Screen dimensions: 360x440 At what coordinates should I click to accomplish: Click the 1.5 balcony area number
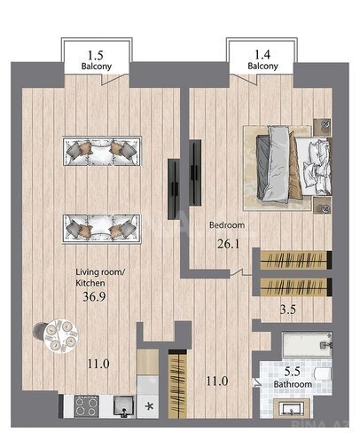pyautogui.click(x=96, y=55)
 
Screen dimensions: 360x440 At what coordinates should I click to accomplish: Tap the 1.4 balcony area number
pyautogui.click(x=262, y=55)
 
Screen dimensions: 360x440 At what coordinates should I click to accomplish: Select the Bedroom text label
pyautogui.click(x=227, y=225)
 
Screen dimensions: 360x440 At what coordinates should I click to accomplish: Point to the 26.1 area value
pyautogui.click(x=228, y=244)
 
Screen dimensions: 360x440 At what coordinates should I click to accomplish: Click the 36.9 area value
pyautogui.click(x=94, y=296)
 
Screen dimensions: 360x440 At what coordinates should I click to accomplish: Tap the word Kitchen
pyautogui.click(x=90, y=283)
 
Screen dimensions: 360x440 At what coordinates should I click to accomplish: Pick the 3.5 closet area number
pyautogui.click(x=288, y=310)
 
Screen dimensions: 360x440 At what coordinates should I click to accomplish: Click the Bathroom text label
pyautogui.click(x=293, y=384)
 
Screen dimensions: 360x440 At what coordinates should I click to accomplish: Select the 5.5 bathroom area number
pyautogui.click(x=292, y=372)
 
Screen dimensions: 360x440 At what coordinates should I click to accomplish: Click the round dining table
pyautogui.click(x=61, y=336)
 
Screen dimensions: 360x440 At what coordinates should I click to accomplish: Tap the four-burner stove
pyautogui.click(x=86, y=406)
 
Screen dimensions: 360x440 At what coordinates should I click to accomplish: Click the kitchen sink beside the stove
pyautogui.click(x=124, y=406)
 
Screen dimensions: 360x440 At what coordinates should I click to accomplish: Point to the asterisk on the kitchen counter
pyautogui.click(x=150, y=406)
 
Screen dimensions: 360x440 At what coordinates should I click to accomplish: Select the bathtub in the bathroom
pyautogui.click(x=308, y=344)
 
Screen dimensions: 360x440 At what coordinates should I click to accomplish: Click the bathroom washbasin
pyautogui.click(x=292, y=408)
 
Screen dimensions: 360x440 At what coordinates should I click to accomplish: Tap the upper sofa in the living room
pyautogui.click(x=102, y=151)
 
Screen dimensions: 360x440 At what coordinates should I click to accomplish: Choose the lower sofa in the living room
pyautogui.click(x=101, y=229)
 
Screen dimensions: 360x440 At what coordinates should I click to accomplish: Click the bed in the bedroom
pyautogui.click(x=293, y=166)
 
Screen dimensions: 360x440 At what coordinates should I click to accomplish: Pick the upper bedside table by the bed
pyautogui.click(x=322, y=127)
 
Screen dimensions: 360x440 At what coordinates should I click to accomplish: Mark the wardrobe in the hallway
pyautogui.click(x=177, y=384)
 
